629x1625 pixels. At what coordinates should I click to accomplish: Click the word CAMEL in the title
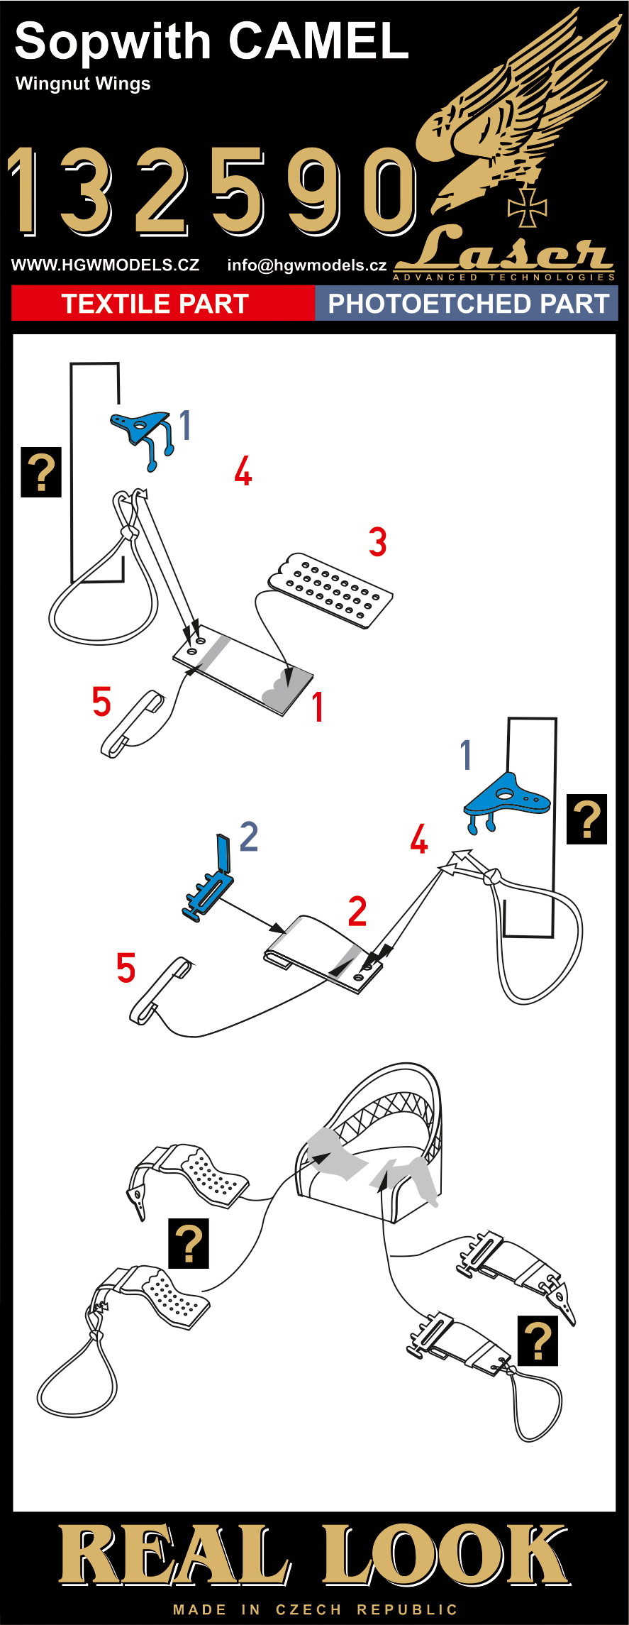tap(318, 41)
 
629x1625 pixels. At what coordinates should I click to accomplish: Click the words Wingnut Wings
tap(83, 84)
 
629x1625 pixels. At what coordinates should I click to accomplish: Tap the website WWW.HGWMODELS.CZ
tap(105, 265)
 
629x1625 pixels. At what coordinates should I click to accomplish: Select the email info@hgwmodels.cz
tap(306, 265)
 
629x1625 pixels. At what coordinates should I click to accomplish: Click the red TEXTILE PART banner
tap(155, 304)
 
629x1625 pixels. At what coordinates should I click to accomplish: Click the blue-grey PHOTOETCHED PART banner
tap(468, 304)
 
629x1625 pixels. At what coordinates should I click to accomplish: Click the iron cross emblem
tap(527, 207)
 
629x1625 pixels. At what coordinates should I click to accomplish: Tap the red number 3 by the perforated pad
tap(377, 542)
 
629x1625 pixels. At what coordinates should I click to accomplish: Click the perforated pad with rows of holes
tap(331, 589)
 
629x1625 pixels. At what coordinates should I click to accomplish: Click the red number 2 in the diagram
tap(357, 912)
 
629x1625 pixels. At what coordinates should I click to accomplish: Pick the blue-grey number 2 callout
tap(248, 837)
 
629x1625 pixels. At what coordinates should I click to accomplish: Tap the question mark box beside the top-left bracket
tap(41, 472)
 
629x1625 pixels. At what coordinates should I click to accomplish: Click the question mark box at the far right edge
tap(586, 819)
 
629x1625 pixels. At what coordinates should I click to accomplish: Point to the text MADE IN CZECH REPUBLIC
tap(315, 1609)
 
